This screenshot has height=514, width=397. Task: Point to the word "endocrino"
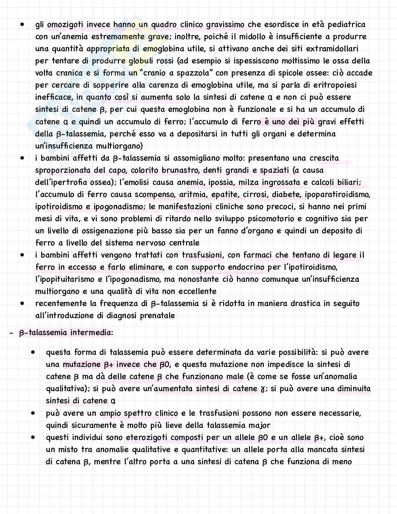(x=246, y=267)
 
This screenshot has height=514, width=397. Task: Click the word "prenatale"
(x=157, y=316)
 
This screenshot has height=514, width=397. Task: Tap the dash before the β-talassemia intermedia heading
(x=11, y=333)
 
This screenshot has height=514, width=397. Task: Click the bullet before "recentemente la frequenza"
(x=23, y=303)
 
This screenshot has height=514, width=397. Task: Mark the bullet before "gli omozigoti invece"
(x=23, y=25)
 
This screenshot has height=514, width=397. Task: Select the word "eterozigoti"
(x=147, y=438)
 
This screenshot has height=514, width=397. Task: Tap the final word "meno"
(x=342, y=462)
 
